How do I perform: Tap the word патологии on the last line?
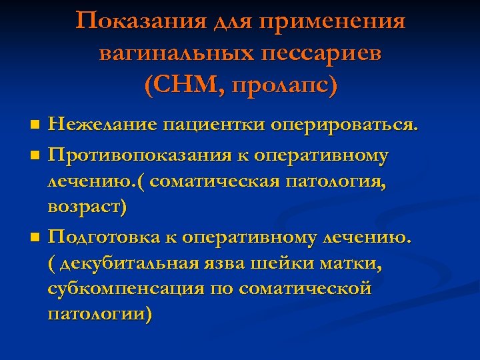click(x=100, y=313)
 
